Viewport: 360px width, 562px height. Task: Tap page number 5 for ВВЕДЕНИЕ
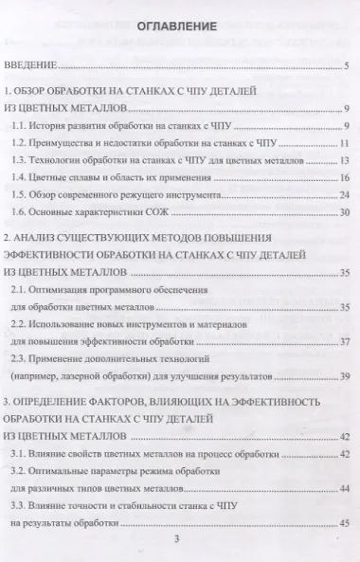click(x=348, y=67)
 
